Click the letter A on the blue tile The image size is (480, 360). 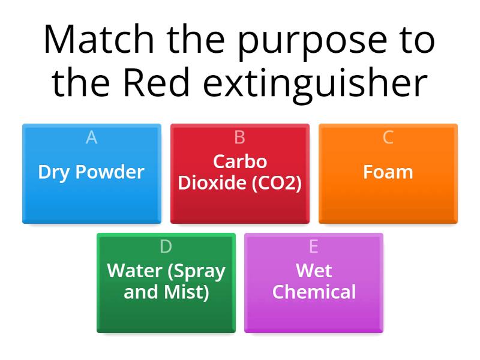[x=91, y=137]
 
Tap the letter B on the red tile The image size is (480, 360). [x=239, y=137]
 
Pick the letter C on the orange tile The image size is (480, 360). [x=388, y=137]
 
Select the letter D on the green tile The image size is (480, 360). [x=166, y=247]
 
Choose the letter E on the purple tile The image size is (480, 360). [x=313, y=247]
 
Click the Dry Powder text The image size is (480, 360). [x=91, y=172]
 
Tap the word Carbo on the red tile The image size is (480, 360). [x=240, y=161]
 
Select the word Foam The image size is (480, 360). [x=388, y=172]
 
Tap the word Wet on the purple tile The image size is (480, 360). [x=314, y=271]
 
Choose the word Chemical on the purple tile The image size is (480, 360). [x=314, y=292]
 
